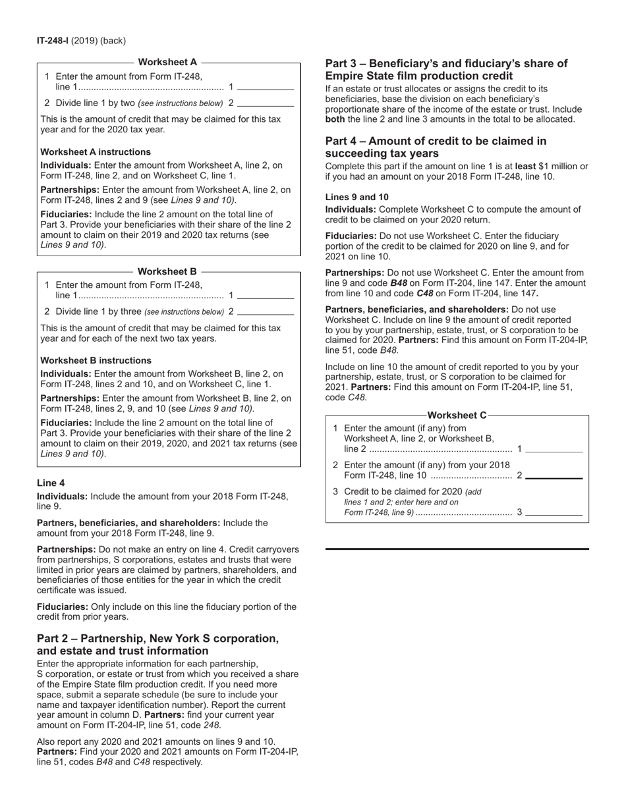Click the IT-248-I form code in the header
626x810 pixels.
point(53,41)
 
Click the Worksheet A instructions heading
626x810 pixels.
point(96,151)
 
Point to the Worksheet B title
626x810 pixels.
point(167,271)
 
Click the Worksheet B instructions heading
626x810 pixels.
point(96,360)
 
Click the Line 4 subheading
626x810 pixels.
point(51,483)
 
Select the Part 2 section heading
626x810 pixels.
point(157,645)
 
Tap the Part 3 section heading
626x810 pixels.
point(446,69)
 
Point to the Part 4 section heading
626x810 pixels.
point(436,147)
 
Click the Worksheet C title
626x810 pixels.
point(457,415)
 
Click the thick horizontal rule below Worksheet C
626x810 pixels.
point(457,549)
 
